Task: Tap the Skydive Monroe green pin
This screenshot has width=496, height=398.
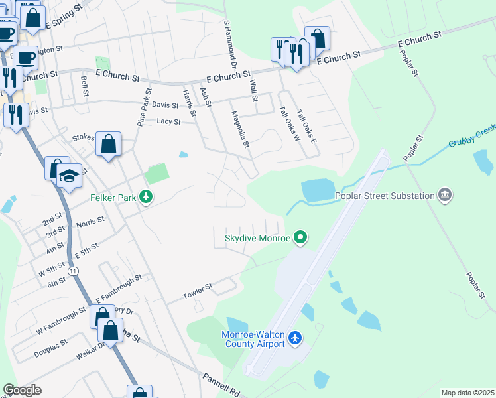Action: coord(301,237)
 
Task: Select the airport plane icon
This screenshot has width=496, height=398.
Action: coord(295,339)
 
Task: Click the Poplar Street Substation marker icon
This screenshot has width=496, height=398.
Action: coord(445,195)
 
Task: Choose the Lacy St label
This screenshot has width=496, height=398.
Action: coord(168,121)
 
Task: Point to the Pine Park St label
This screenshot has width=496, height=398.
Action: coord(144,107)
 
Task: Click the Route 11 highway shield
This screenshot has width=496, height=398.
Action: coord(72,271)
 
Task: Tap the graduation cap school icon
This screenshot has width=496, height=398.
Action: coord(69,175)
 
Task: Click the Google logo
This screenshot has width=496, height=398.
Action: coord(22,390)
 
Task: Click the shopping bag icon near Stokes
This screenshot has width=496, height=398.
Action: coord(108,143)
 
